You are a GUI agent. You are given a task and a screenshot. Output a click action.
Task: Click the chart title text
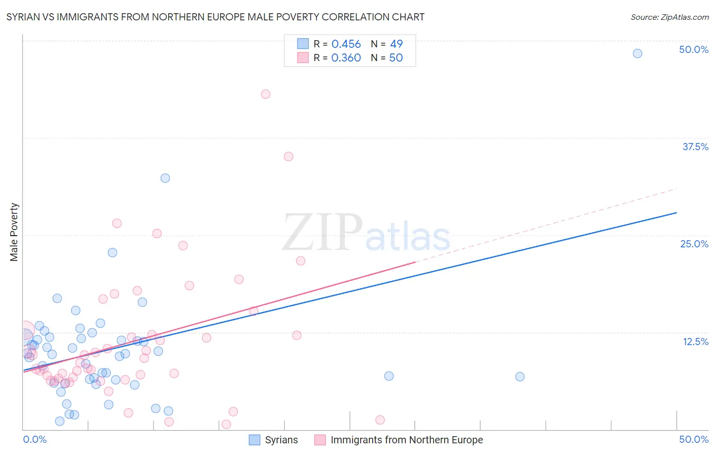(x=215, y=17)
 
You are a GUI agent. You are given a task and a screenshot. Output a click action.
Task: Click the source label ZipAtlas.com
(x=669, y=17)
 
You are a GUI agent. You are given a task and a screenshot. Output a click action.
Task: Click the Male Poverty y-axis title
(x=14, y=232)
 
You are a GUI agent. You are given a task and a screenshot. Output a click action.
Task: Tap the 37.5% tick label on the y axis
(x=695, y=147)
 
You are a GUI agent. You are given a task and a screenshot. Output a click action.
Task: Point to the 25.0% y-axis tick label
(x=694, y=244)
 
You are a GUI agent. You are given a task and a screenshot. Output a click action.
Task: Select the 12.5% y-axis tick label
(x=695, y=342)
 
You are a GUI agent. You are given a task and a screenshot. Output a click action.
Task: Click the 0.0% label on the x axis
(x=35, y=439)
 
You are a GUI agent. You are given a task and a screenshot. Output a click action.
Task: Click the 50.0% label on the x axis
(x=694, y=439)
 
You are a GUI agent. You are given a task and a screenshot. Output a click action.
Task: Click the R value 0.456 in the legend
(x=346, y=44)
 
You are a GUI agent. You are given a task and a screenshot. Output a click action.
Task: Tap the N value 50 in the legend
(x=396, y=58)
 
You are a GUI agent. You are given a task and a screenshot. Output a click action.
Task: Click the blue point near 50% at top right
(x=637, y=53)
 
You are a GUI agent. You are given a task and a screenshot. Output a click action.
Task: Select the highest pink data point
(x=265, y=94)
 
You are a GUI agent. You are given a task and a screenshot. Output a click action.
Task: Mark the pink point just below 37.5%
(x=288, y=157)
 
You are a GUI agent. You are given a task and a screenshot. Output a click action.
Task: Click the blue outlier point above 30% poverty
(x=165, y=178)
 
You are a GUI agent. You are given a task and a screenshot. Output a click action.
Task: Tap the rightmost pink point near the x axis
(x=380, y=420)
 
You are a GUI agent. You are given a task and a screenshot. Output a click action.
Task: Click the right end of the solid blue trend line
(x=676, y=212)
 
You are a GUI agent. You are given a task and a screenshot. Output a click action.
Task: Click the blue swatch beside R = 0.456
(x=303, y=44)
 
